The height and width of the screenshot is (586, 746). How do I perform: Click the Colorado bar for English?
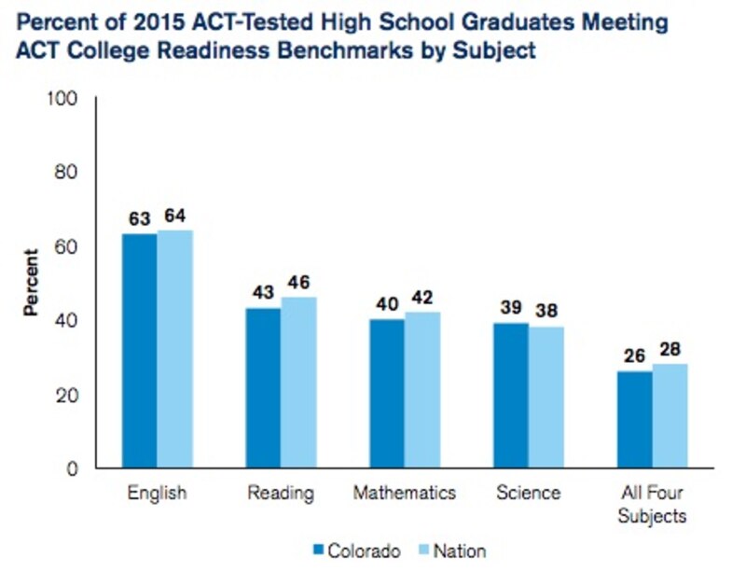[x=140, y=351]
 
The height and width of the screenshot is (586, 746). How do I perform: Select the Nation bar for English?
[x=174, y=349]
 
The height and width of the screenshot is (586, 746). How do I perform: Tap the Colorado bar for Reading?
[x=264, y=388]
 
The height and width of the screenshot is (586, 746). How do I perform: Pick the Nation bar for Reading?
[x=298, y=383]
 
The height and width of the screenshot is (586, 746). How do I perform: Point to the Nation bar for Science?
[x=546, y=398]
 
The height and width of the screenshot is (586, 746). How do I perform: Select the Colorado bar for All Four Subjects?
[x=635, y=420]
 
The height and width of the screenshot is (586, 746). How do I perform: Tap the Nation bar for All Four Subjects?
[x=670, y=416]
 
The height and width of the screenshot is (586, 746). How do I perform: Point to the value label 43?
[x=264, y=291]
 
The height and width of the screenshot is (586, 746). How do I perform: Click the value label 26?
[x=635, y=355]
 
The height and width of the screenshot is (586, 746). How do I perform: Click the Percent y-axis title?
[x=32, y=282]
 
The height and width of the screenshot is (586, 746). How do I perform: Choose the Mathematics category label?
[x=404, y=492]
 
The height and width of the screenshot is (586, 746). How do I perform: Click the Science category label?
[x=529, y=492]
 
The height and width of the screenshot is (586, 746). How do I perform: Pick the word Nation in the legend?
[x=460, y=551]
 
